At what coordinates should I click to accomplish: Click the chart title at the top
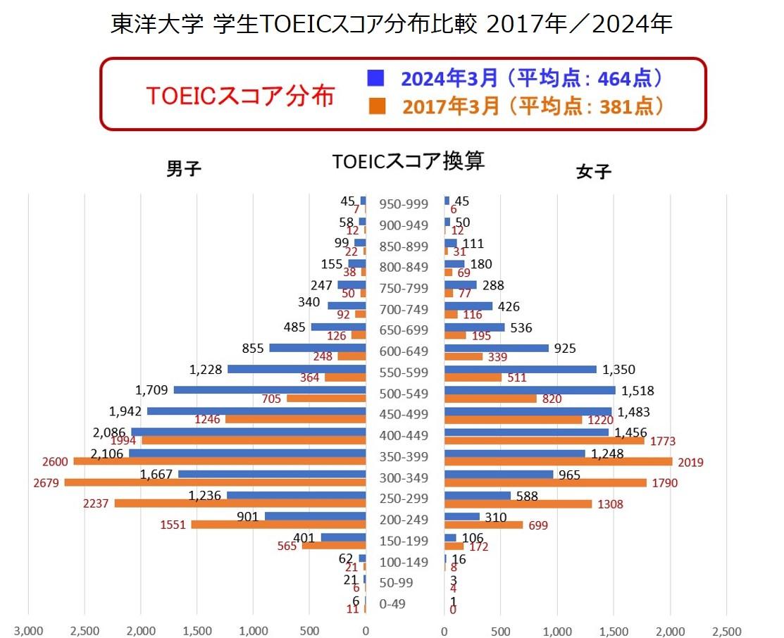click(x=392, y=25)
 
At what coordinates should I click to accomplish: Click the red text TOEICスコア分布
click(x=239, y=95)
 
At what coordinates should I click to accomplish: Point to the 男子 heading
click(x=184, y=169)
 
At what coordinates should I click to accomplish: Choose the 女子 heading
click(x=593, y=171)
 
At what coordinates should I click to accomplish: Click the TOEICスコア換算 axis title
click(x=409, y=161)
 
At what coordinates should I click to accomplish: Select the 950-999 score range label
click(x=404, y=204)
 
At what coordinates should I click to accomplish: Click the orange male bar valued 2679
click(x=215, y=482)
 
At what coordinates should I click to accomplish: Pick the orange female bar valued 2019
click(x=558, y=462)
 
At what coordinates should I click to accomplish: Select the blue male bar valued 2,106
click(x=247, y=453)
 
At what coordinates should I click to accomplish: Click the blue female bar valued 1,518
click(x=530, y=390)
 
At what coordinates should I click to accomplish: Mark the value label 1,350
click(x=618, y=370)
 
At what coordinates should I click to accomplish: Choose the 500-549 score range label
click(x=404, y=394)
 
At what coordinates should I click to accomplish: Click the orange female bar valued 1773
click(x=544, y=441)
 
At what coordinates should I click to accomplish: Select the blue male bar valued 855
click(x=318, y=348)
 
